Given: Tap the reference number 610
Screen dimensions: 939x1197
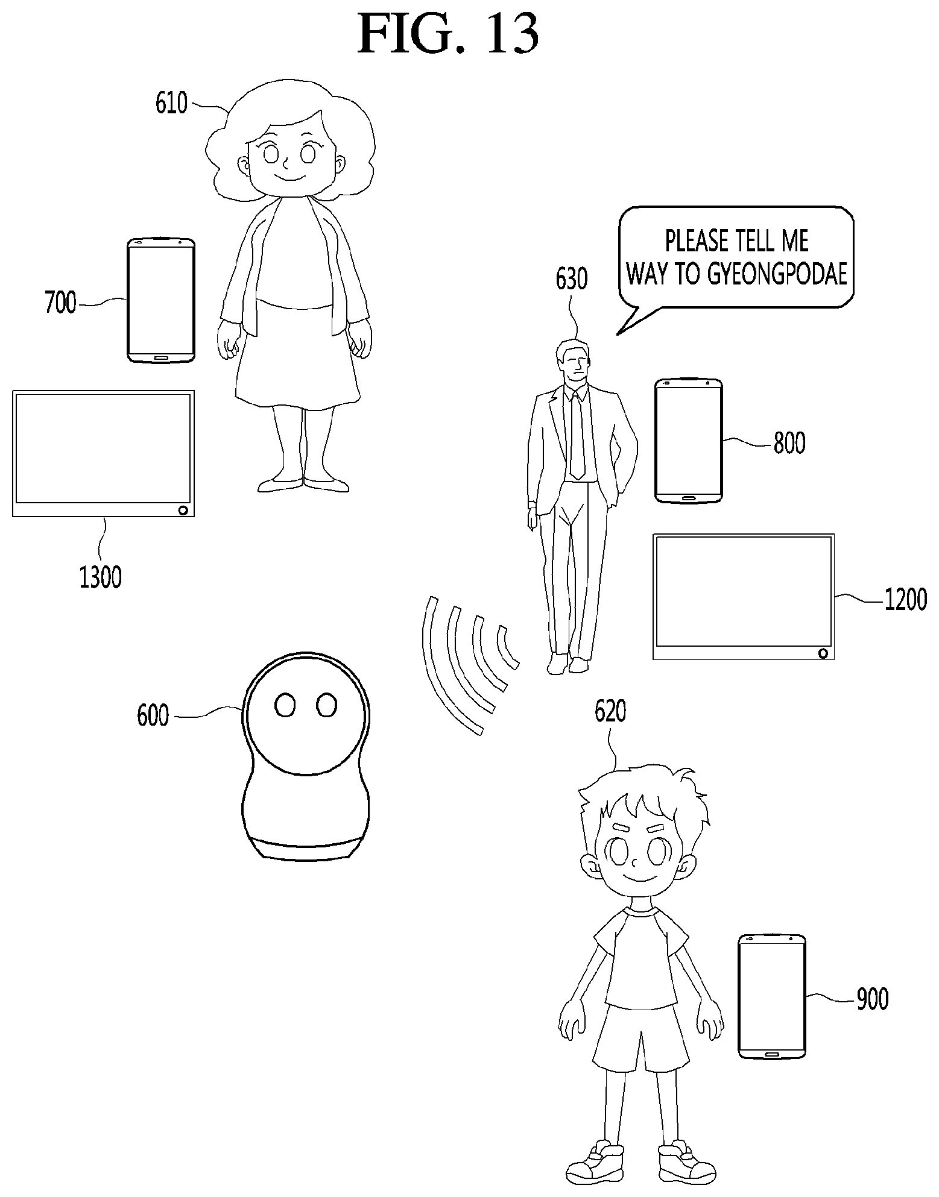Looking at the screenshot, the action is pyautogui.click(x=172, y=103).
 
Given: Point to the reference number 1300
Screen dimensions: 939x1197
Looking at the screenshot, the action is pyautogui.click(x=100, y=577).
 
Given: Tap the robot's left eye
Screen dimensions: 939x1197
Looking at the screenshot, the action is pyautogui.click(x=285, y=705).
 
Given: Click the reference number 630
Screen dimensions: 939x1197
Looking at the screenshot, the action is pyautogui.click(x=571, y=279).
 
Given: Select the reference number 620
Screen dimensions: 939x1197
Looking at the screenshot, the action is pyautogui.click(x=610, y=712).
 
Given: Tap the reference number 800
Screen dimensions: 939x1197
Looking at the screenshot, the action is pyautogui.click(x=789, y=444).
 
